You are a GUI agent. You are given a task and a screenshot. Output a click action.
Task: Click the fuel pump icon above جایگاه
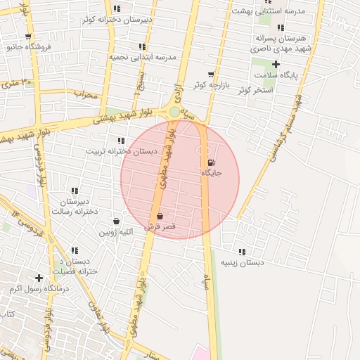[212, 162]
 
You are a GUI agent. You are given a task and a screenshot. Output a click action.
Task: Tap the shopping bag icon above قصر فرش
[160, 216]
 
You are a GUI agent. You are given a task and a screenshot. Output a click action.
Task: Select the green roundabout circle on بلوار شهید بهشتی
[174, 111]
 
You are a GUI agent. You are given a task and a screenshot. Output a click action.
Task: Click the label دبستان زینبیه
[242, 262]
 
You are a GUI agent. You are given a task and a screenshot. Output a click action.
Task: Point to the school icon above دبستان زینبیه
[242, 251]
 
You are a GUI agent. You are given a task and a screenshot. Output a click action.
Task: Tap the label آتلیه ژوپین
[116, 232]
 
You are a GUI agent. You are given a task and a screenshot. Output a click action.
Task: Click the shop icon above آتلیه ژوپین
[116, 221]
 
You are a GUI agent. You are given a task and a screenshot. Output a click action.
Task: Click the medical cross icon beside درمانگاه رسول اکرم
[39, 278]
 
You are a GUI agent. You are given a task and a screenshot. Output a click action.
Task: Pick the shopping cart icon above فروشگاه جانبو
[28, 37]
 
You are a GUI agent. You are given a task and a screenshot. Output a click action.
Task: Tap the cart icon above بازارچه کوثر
[210, 74]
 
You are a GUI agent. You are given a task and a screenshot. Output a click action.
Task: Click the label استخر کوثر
[254, 90]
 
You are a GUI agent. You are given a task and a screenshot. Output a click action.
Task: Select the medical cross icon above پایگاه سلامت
[276, 64]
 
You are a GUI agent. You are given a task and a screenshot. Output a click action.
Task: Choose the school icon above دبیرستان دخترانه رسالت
[75, 190]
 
